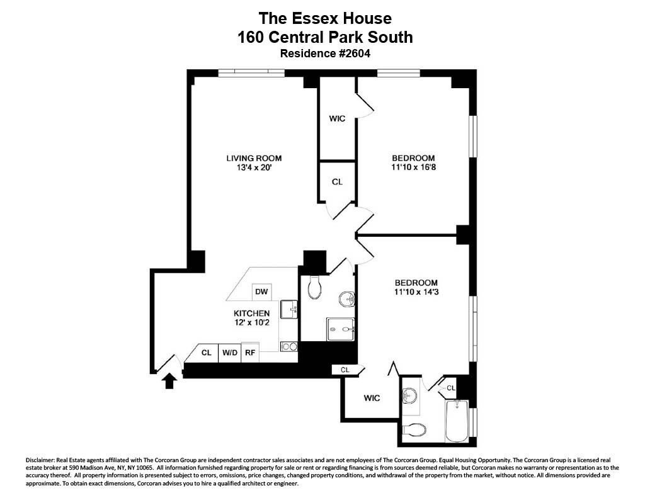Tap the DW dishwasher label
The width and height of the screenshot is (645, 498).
(261, 292)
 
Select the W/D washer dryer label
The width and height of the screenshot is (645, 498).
(230, 353)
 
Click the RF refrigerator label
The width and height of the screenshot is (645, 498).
(250, 353)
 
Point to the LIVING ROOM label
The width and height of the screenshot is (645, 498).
(254, 158)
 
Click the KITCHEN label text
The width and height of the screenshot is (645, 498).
(252, 314)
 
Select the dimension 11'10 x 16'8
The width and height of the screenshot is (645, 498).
(413, 167)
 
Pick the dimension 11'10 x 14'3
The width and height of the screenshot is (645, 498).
(416, 292)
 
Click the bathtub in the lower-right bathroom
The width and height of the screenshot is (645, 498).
(457, 421)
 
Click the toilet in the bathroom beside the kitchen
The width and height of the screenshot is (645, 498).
(315, 288)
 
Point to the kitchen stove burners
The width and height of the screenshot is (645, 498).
(288, 347)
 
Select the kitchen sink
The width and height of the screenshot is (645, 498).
(289, 309)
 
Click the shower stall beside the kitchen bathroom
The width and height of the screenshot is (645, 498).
(341, 329)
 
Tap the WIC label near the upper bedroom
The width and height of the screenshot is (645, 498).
(337, 119)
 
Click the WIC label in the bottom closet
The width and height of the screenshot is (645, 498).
(372, 398)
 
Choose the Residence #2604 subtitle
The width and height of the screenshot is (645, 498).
(325, 54)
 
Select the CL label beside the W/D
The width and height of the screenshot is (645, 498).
(206, 353)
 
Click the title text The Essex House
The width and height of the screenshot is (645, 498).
(325, 18)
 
